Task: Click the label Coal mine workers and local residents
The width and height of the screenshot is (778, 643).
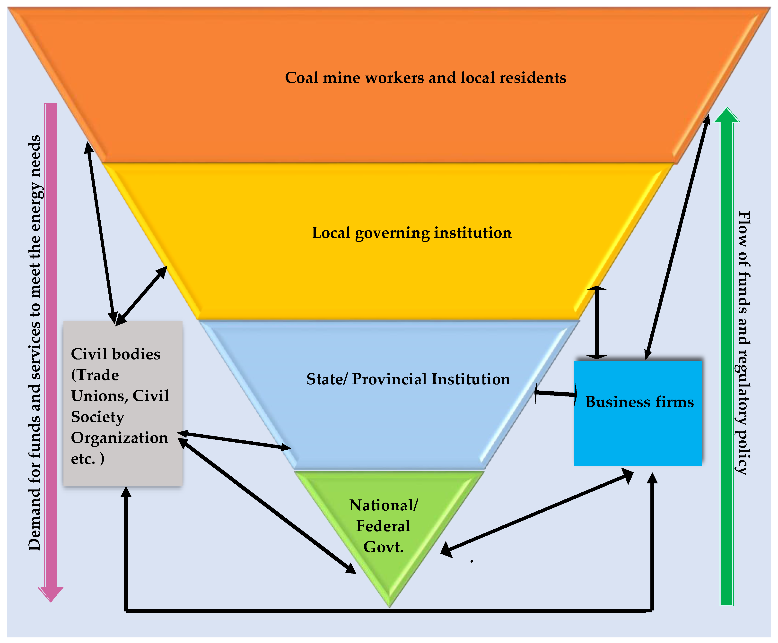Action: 425,78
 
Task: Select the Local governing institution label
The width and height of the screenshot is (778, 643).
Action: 411,233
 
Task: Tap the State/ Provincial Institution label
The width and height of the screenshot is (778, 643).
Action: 408,379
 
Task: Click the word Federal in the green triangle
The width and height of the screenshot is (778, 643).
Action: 383,526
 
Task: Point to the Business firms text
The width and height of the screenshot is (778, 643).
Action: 639,402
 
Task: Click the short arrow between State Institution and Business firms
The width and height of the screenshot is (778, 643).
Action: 556,394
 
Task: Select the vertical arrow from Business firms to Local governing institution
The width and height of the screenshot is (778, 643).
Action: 596,322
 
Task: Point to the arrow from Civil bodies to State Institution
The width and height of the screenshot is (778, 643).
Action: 233,440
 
